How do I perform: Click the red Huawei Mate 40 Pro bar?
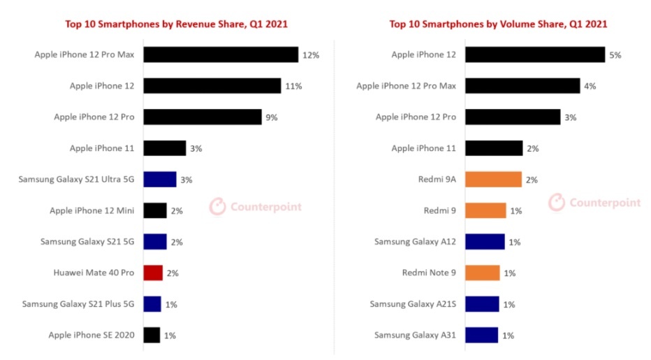point(153,273)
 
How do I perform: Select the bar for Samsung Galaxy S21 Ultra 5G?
point(160,180)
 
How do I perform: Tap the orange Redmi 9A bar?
point(493,180)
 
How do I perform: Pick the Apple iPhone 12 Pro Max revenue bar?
point(221,55)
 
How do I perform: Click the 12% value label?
point(311,55)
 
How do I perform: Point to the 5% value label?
point(615,55)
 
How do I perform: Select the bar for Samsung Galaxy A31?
point(481,335)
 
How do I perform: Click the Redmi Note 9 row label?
point(429,273)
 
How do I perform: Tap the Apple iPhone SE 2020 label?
point(91,336)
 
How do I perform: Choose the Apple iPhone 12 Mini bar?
point(155,210)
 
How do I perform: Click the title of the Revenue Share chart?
point(177,24)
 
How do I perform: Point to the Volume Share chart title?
point(498,24)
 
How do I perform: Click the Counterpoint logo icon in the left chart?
point(219,206)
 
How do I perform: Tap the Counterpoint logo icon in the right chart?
point(556,203)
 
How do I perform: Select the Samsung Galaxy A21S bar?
point(482,304)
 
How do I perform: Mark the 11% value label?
point(293,86)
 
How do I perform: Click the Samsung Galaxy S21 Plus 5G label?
point(78,304)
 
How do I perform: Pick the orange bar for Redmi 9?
point(485,210)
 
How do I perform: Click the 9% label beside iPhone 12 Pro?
point(271,117)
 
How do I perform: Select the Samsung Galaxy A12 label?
point(415,242)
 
